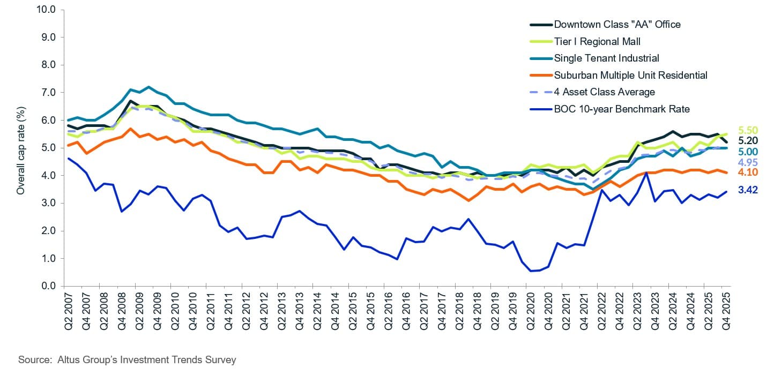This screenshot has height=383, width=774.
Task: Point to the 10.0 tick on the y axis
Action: [46, 10]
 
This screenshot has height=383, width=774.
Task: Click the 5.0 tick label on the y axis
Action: [48, 148]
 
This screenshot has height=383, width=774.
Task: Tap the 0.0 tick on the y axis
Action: [48, 286]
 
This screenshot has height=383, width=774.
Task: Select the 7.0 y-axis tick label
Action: [48, 93]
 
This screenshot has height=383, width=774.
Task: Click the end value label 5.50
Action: [748, 130]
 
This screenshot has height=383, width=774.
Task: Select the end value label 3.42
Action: [748, 190]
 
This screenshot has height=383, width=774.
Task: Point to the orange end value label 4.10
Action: [748, 172]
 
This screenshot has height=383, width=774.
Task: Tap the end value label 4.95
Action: [748, 162]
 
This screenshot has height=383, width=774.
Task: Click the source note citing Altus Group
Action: [127, 360]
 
